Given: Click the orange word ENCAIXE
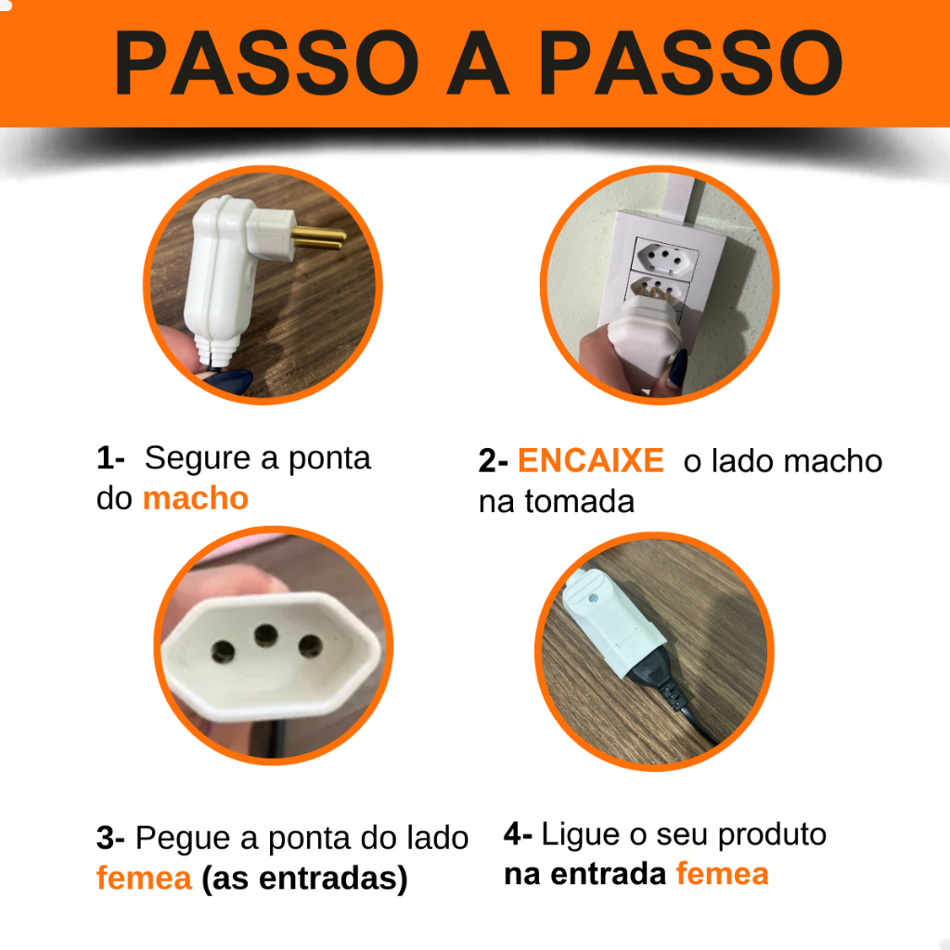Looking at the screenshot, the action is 591,460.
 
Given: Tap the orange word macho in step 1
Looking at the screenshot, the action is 196,498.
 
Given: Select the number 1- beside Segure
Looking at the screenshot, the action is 110,458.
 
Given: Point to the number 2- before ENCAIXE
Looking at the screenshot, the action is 493,461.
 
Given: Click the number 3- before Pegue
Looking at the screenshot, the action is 110,838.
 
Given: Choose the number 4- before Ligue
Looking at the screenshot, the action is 518,834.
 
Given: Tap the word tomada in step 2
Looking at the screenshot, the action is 580,502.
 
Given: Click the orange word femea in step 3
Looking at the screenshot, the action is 144,878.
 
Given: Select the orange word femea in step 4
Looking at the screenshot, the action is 722,874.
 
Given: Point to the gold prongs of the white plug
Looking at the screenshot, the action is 318,238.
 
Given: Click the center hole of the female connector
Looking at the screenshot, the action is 266,635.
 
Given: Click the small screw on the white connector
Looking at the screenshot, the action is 593,598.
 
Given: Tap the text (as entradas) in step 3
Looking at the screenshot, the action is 304,879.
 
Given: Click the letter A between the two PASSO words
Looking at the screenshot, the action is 478,62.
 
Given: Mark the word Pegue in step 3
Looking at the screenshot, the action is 183,839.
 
